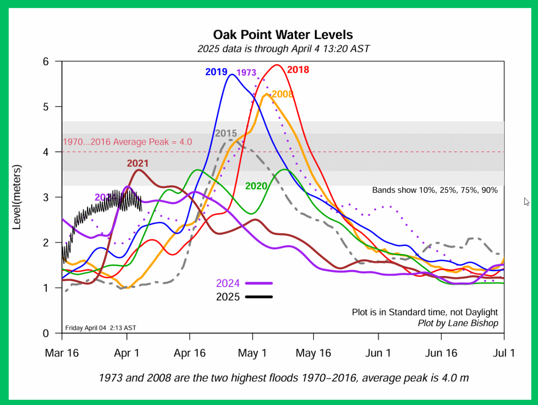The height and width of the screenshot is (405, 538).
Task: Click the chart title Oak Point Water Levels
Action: coord(283,35)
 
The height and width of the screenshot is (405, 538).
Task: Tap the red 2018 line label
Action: coord(298,70)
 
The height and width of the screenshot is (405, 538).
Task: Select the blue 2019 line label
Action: coord(216,72)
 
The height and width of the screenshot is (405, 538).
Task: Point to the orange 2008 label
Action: coord(282,94)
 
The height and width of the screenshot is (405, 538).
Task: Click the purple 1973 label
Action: coord(246,73)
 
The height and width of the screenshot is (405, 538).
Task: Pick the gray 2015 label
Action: coord(226,134)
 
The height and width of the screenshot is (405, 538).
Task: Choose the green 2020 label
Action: coord(256,186)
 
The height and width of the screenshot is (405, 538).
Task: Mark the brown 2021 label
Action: coord(138,163)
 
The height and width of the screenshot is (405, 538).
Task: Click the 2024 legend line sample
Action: coord(259,283)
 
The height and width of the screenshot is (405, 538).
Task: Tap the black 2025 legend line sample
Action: coord(259,297)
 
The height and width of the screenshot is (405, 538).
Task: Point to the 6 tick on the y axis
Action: coord(46,61)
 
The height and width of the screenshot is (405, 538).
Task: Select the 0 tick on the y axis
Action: coord(46,333)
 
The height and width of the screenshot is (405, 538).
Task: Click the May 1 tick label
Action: coord(253,353)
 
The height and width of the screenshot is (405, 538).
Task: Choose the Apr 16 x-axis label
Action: coord(190,353)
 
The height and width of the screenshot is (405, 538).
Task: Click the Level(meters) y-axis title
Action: coord(17,197)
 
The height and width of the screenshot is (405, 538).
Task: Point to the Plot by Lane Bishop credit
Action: coord(457,323)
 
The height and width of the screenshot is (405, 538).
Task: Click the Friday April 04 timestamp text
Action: coord(101,328)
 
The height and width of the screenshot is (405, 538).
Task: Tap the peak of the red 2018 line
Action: coord(277,65)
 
